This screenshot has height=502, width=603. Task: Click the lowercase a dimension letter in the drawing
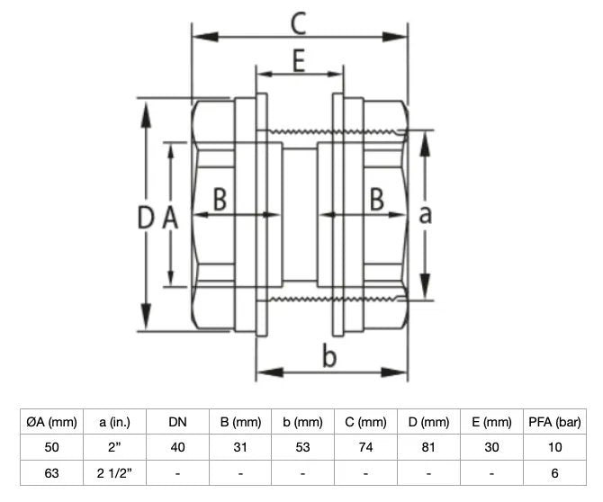426,213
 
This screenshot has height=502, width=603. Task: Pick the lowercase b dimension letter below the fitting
329,356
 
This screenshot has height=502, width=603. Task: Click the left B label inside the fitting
219,199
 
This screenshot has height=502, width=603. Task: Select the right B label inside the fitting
379,199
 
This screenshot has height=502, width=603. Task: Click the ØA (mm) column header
52,421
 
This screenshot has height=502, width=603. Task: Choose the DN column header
178,421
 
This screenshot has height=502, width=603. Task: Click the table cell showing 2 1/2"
115,471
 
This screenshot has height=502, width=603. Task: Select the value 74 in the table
365,446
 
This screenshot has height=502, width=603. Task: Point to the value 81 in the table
428,446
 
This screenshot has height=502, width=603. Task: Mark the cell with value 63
52,471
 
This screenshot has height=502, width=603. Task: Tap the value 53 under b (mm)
303,446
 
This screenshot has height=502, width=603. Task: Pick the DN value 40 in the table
178,446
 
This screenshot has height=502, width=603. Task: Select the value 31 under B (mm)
240,446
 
